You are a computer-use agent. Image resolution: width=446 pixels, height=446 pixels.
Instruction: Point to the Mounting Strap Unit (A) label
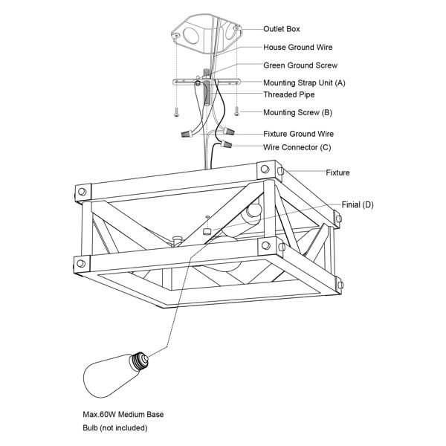click(x=304, y=83)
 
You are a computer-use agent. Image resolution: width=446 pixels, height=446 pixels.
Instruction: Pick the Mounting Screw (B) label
click(x=297, y=113)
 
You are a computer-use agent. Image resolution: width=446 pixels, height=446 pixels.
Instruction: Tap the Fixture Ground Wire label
click(x=298, y=134)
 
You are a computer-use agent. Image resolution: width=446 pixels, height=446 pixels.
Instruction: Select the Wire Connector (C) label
click(x=297, y=147)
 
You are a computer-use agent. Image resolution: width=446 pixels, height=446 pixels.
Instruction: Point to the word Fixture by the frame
click(x=337, y=172)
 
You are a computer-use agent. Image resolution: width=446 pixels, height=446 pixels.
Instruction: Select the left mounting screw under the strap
click(x=176, y=113)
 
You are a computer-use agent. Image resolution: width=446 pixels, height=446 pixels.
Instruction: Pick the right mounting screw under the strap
click(x=236, y=111)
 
